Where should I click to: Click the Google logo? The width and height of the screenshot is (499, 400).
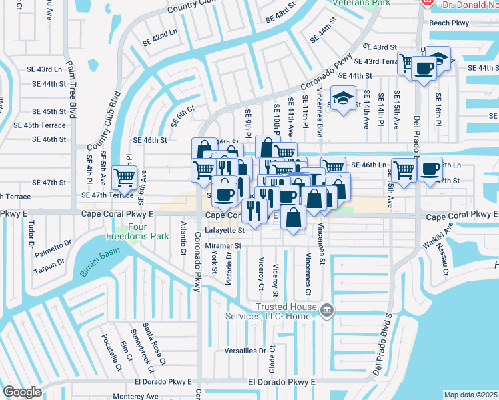coord(22,391)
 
